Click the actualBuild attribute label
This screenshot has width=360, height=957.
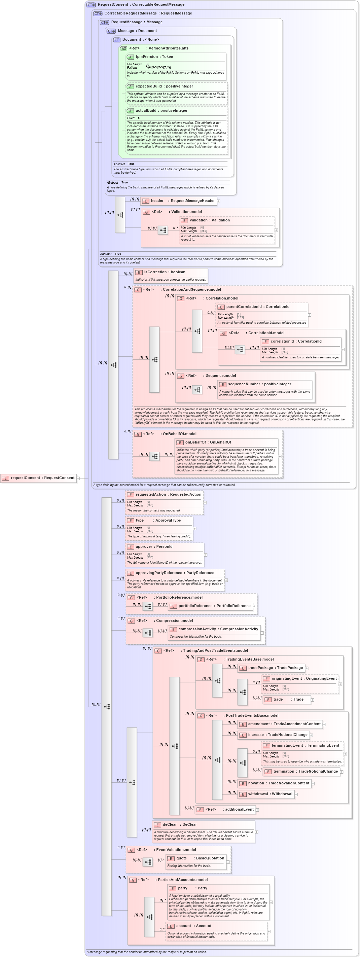point(161,110)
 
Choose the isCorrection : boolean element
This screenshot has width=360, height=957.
point(165,272)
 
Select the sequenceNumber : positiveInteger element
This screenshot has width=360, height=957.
point(259,384)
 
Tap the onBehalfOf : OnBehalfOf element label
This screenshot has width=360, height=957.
point(208,442)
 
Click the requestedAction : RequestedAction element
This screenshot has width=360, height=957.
point(168,494)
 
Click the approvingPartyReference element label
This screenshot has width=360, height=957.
point(175,573)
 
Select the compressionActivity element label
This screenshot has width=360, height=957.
point(218,629)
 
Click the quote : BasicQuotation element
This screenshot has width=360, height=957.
point(196,858)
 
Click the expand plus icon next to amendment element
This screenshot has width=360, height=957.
point(324,724)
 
